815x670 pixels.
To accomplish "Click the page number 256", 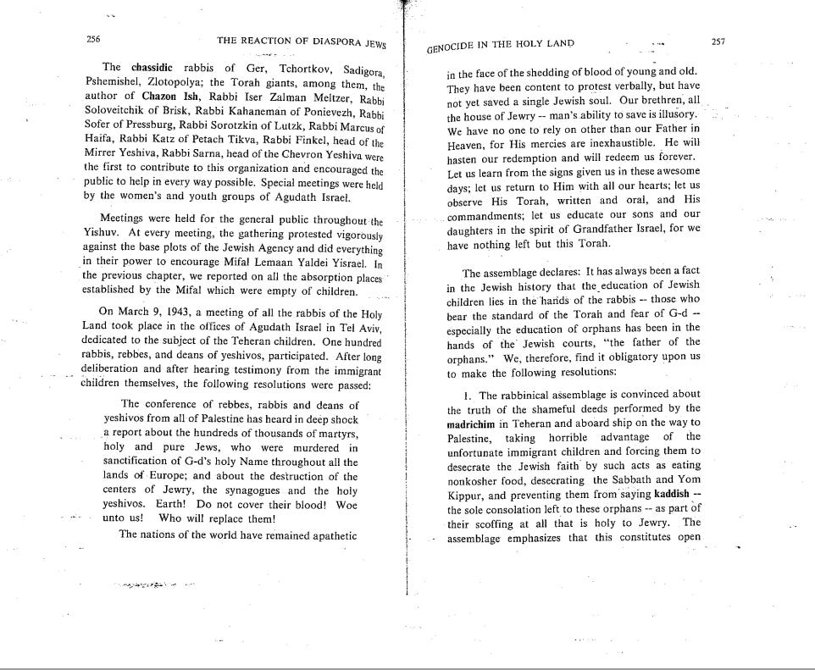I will (x=94, y=39).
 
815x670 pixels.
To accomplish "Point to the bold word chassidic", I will (x=152, y=67).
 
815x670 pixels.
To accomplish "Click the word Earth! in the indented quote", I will (x=175, y=503).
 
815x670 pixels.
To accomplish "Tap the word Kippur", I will (x=465, y=496).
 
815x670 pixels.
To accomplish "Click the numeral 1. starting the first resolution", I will (x=467, y=395).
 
